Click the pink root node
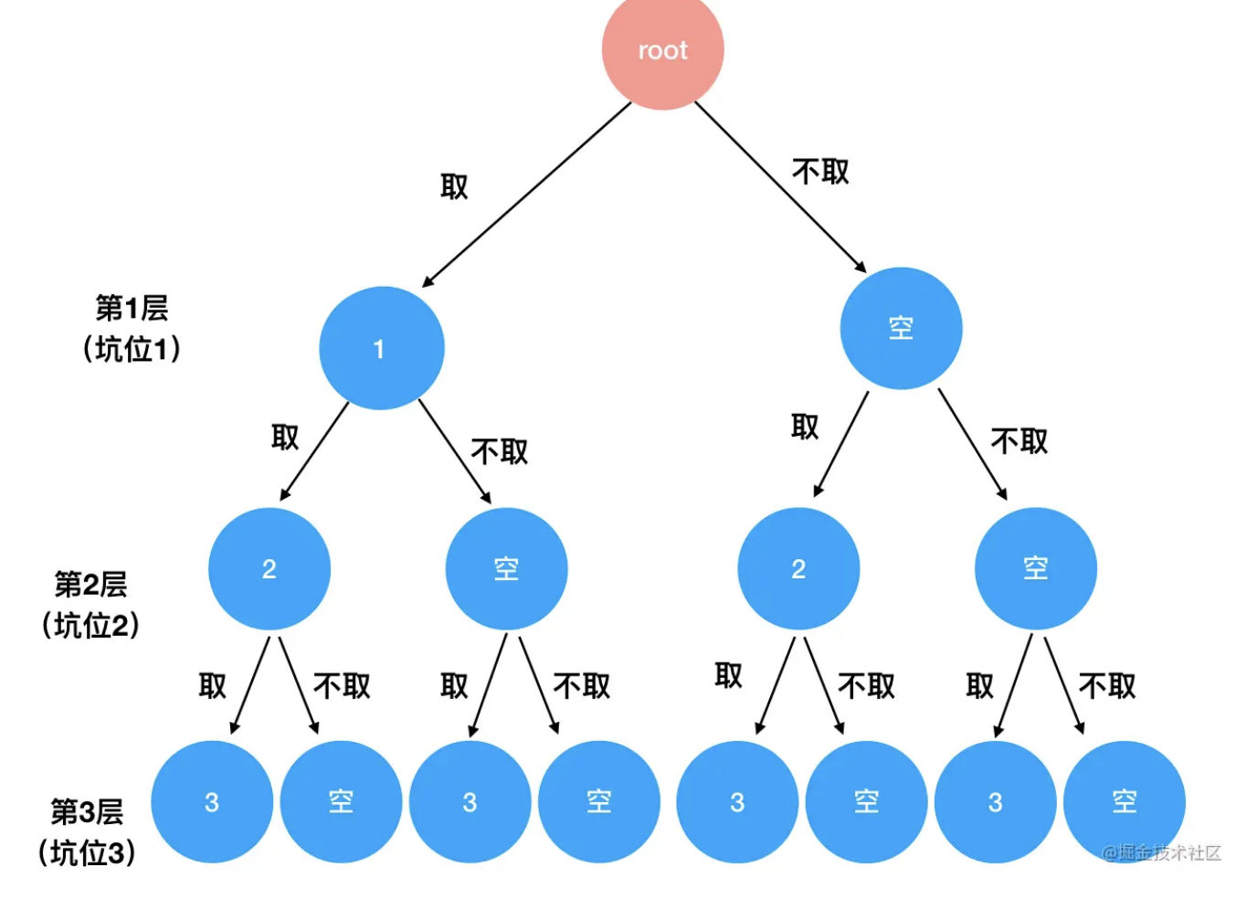(662, 50)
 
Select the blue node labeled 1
(381, 348)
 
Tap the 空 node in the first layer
(901, 328)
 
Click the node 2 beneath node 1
(269, 569)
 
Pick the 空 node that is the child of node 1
(506, 569)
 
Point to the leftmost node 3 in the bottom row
(211, 802)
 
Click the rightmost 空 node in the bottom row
(1125, 802)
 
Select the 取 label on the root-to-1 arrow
(454, 187)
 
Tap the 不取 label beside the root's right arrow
(820, 171)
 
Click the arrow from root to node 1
(526, 194)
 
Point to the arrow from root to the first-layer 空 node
(780, 186)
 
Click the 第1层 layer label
(132, 308)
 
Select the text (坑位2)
(90, 626)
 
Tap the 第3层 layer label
(87, 811)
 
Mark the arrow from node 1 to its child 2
(314, 451)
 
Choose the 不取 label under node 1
(500, 451)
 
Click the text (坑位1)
(132, 349)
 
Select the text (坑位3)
(87, 853)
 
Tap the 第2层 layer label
(90, 584)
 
